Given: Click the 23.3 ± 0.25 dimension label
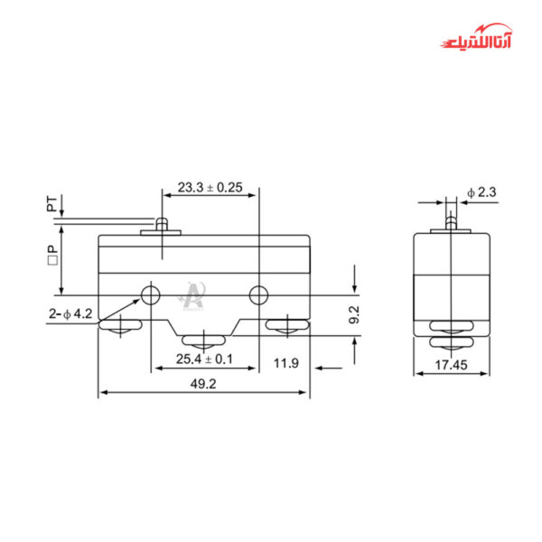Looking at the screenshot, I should (x=210, y=188).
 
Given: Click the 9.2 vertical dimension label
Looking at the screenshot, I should (x=355, y=314).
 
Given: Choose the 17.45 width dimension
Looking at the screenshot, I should (x=450, y=367).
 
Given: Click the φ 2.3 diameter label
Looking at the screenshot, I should (x=481, y=192).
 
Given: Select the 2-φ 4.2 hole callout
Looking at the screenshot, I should (x=71, y=313).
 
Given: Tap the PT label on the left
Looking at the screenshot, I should (x=52, y=205).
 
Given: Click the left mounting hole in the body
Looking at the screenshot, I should (x=150, y=294).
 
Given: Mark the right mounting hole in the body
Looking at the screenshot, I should (x=258, y=294).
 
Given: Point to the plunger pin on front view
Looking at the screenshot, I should (x=162, y=224).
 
